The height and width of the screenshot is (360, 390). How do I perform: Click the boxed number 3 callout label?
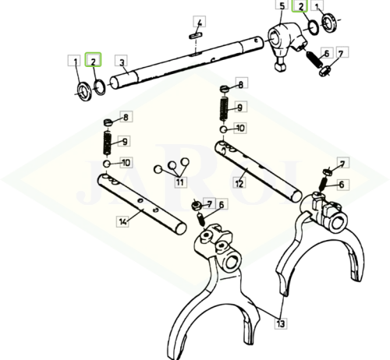tap(121, 61)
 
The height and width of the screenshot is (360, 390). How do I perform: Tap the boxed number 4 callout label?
tap(200, 22)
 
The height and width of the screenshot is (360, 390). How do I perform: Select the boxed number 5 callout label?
tap(282, 5)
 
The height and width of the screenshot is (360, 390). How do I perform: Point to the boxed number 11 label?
tap(180, 182)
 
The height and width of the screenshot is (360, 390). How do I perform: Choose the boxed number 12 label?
tap(239, 183)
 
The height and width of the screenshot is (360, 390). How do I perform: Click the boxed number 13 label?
tap(281, 323)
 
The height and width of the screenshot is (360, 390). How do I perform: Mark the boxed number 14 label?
tap(122, 221)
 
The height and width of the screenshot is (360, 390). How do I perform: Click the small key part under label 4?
tap(196, 35)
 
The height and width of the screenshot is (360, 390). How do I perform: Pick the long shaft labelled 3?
tap(186, 62)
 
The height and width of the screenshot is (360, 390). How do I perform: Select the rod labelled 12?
tap(258, 171)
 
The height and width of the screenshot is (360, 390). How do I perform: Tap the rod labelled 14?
tap(142, 203)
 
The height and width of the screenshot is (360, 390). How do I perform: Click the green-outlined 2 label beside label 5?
tap(300, 5)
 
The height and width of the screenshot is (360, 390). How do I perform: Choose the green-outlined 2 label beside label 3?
tap(93, 59)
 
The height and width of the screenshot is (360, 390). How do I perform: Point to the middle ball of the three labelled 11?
tap(172, 165)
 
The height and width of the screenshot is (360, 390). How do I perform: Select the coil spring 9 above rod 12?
tap(224, 109)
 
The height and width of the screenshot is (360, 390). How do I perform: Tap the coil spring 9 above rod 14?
tap(108, 143)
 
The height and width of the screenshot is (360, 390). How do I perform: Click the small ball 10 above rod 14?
tap(107, 164)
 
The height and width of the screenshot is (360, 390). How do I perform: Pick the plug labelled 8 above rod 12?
tap(224, 89)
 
